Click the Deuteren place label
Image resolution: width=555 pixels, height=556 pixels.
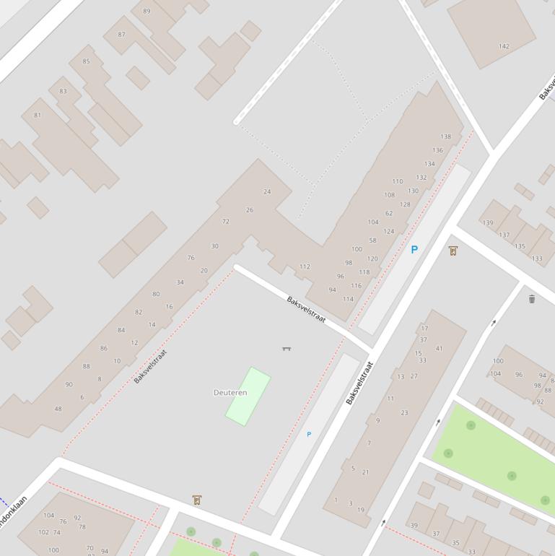click(x=230, y=393)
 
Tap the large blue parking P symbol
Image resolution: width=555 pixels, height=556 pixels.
click(x=414, y=250)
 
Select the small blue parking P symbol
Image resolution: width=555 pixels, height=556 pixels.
click(x=309, y=434)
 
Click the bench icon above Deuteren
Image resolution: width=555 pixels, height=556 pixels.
click(x=287, y=349)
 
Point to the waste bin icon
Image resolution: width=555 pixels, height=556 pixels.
click(x=532, y=299)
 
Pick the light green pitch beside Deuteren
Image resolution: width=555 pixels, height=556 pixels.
click(x=248, y=396)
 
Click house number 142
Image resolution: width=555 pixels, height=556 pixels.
click(x=504, y=46)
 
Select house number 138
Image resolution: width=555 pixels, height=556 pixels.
click(x=446, y=136)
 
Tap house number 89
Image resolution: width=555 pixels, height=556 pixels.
click(x=147, y=11)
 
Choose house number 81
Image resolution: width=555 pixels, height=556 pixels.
click(x=38, y=115)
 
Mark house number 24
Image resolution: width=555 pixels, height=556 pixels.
click(x=267, y=191)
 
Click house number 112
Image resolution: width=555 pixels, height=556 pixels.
click(x=305, y=266)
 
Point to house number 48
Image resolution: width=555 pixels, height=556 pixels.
click(x=58, y=409)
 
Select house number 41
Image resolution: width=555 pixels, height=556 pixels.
click(x=440, y=349)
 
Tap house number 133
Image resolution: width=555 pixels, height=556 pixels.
click(x=537, y=259)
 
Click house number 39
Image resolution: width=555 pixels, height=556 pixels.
click(x=414, y=526)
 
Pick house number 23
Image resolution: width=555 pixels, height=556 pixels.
click(x=404, y=413)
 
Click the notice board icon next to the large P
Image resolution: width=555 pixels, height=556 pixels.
click(x=453, y=251)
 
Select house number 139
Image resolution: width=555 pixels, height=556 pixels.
click(x=488, y=223)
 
